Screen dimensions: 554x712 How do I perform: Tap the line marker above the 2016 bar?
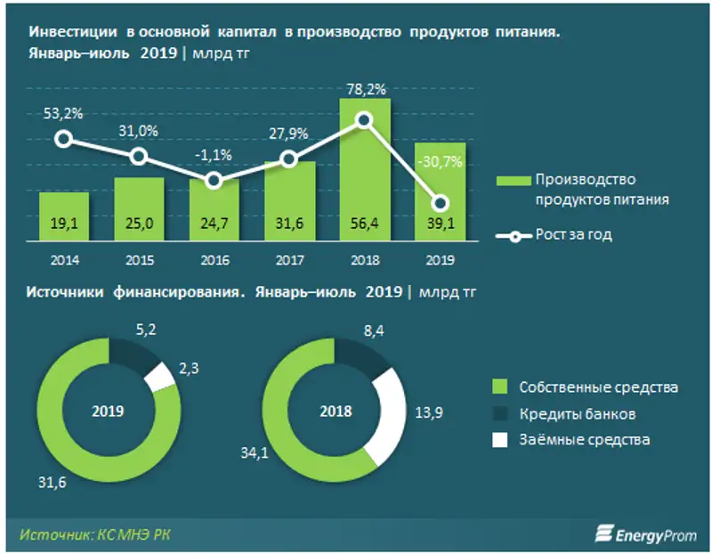pyautogui.click(x=213, y=181)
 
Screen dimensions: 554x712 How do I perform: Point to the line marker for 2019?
pyautogui.click(x=439, y=202)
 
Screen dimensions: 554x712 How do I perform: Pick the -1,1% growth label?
pyautogui.click(x=214, y=154)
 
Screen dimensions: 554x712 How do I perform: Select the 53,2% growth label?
pyautogui.click(x=63, y=112)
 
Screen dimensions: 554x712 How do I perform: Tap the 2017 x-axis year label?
pyautogui.click(x=288, y=260)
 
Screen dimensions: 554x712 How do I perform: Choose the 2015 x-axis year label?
pyautogui.click(x=138, y=260)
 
